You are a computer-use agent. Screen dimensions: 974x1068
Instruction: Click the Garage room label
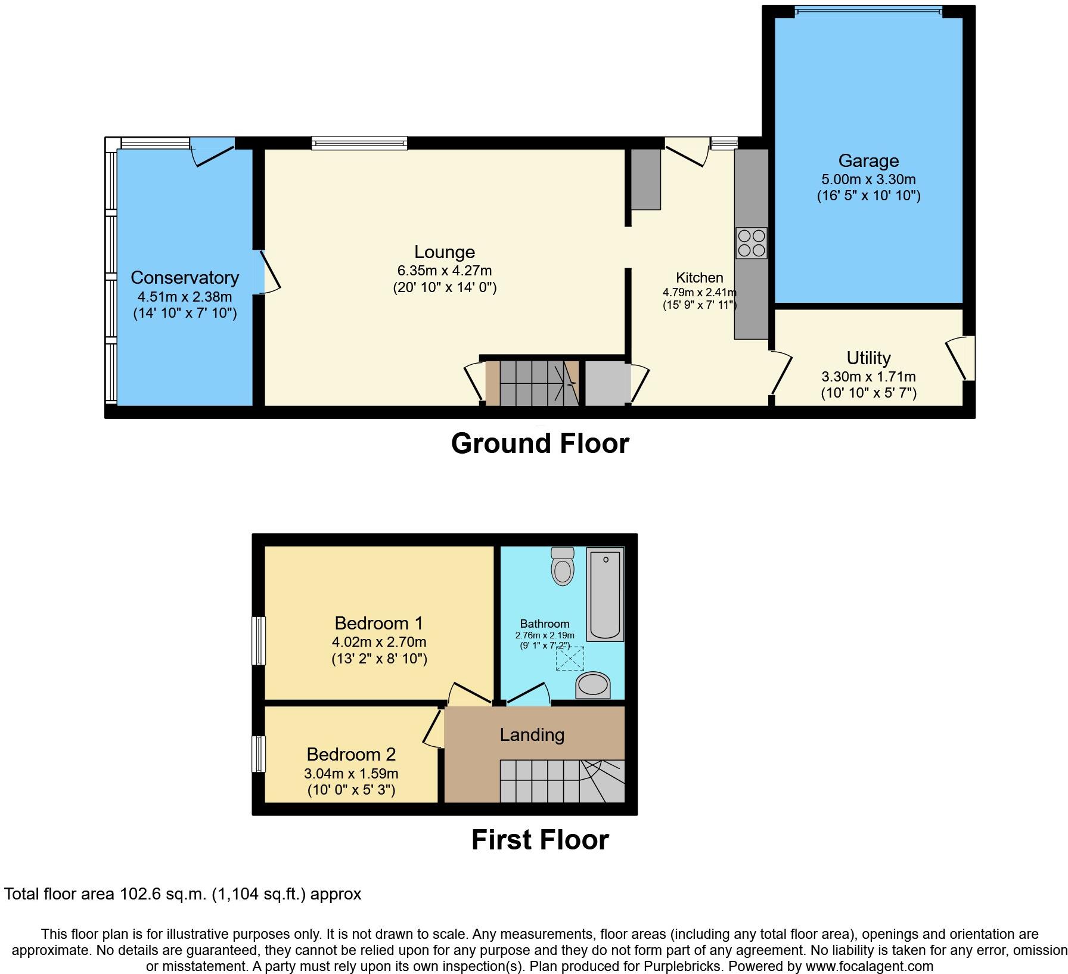tap(868, 161)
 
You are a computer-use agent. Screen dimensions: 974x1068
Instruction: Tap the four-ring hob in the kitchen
tap(751, 243)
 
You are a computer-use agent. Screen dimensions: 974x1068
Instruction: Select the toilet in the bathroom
tap(563, 566)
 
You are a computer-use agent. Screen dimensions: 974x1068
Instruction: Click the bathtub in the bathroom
tap(606, 594)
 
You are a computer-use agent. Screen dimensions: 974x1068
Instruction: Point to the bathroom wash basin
tap(593, 685)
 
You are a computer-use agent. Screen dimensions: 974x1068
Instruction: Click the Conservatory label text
tap(185, 278)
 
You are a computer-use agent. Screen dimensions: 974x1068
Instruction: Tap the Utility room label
tap(868, 358)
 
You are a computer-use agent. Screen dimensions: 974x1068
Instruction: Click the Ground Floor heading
tap(540, 444)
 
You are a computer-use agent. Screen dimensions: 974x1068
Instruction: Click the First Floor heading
tap(540, 840)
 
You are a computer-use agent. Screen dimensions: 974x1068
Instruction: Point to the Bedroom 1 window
tap(258, 641)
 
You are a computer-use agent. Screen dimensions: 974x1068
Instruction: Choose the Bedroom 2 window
tap(258, 754)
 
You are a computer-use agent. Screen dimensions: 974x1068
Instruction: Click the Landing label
tap(532, 735)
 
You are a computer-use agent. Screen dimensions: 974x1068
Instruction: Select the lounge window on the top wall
tap(359, 142)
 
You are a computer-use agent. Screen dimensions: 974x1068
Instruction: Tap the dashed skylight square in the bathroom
tap(570, 659)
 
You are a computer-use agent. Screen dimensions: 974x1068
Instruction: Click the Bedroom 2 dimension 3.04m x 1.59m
tap(351, 774)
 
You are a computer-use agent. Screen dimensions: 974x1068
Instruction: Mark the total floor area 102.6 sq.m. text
tap(182, 894)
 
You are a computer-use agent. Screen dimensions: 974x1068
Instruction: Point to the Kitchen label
tap(699, 278)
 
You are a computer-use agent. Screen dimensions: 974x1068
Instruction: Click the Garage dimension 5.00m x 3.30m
tap(868, 179)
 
